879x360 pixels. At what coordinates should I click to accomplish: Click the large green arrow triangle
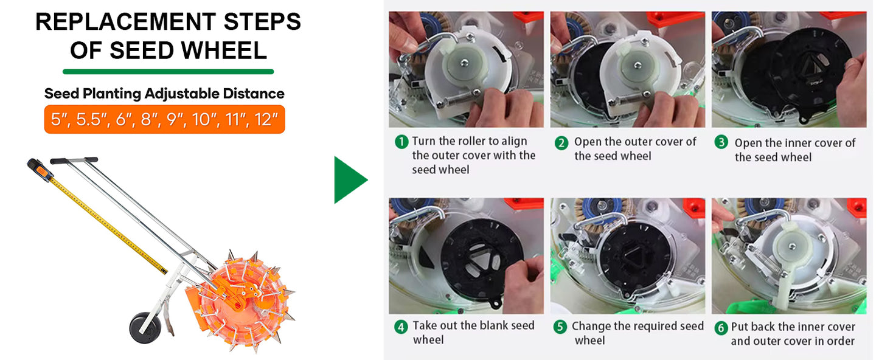(349, 180)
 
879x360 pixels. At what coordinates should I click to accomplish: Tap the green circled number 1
(401, 142)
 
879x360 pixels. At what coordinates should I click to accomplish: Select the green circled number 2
(561, 143)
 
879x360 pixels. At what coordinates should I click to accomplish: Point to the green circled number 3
(721, 142)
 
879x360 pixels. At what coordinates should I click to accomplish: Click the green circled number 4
(401, 327)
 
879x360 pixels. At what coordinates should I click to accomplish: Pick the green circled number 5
(560, 327)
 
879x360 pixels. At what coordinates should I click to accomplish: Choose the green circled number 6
(721, 327)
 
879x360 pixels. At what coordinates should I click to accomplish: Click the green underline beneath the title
(168, 71)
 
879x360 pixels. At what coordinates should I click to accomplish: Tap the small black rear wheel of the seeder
(145, 328)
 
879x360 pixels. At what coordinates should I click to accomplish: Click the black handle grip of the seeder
(74, 161)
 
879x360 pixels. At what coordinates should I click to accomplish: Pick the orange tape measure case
(40, 169)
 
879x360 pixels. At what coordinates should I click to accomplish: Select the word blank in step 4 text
(491, 325)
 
